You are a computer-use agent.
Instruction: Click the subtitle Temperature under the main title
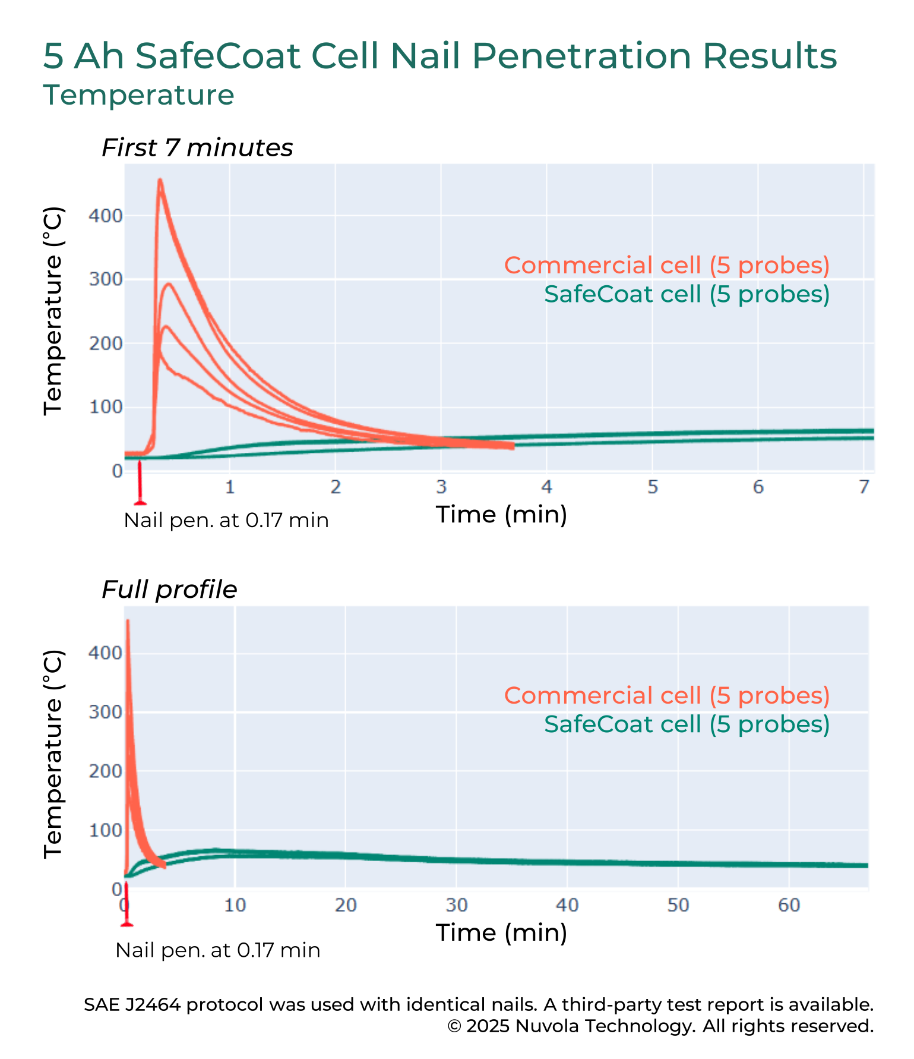point(139,95)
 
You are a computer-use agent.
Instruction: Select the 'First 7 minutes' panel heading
point(197,148)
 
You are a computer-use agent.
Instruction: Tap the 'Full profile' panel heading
point(169,590)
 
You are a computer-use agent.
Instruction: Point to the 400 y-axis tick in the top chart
point(105,215)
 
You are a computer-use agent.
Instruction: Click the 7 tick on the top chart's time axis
point(864,487)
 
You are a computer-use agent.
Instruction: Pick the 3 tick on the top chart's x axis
point(441,487)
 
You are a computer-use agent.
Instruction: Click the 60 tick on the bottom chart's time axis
point(789,905)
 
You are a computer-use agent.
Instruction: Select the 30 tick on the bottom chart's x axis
point(456,905)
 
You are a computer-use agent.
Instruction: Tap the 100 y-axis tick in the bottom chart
point(105,830)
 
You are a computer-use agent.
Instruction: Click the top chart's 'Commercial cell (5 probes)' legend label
point(666,265)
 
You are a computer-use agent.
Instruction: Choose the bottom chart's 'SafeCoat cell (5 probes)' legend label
point(687,724)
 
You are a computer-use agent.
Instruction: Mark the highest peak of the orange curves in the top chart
point(160,180)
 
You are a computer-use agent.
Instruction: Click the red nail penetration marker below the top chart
point(140,484)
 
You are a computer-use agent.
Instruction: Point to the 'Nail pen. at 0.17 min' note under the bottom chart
point(217,950)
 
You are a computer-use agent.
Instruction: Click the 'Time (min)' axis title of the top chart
point(501,515)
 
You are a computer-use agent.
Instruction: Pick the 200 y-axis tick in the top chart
point(105,343)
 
